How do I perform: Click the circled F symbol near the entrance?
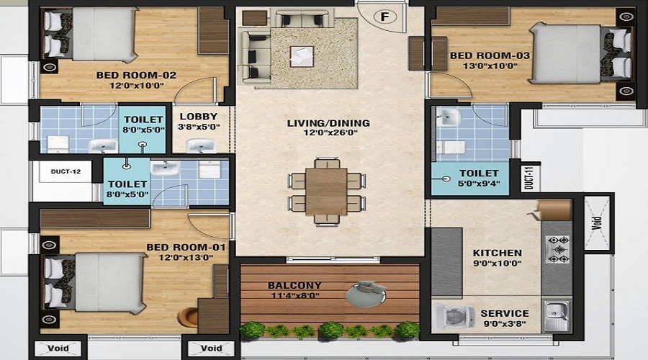click(384, 17)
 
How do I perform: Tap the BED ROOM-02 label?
click(136, 75)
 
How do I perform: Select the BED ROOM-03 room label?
click(490, 55)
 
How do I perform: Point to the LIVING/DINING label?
click(328, 122)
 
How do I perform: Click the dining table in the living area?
click(326, 192)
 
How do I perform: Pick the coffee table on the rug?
click(302, 57)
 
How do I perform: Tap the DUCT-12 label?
click(66, 171)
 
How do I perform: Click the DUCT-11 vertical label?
click(530, 177)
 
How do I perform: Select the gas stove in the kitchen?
click(558, 249)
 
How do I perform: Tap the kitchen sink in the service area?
click(557, 316)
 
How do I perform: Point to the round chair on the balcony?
click(366, 294)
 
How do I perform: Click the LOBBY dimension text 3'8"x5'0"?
click(199, 127)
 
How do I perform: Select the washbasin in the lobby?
click(201, 145)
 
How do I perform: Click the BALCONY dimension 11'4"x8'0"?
click(295, 295)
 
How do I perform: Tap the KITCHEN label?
click(497, 253)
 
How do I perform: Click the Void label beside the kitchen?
click(596, 223)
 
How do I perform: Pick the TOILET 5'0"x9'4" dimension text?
click(479, 183)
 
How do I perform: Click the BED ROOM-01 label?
click(186, 247)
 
